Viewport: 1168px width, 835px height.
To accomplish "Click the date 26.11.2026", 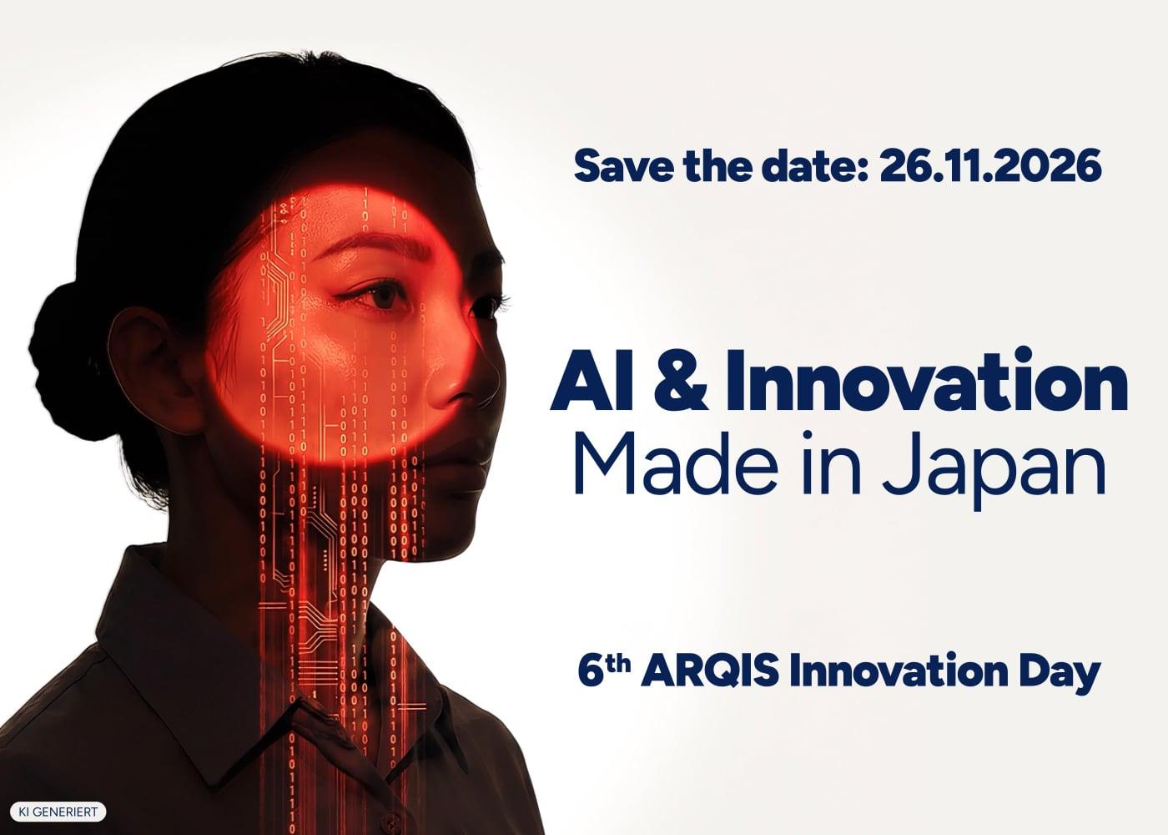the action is (991, 165).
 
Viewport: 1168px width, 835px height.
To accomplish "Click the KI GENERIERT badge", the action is (58, 812).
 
